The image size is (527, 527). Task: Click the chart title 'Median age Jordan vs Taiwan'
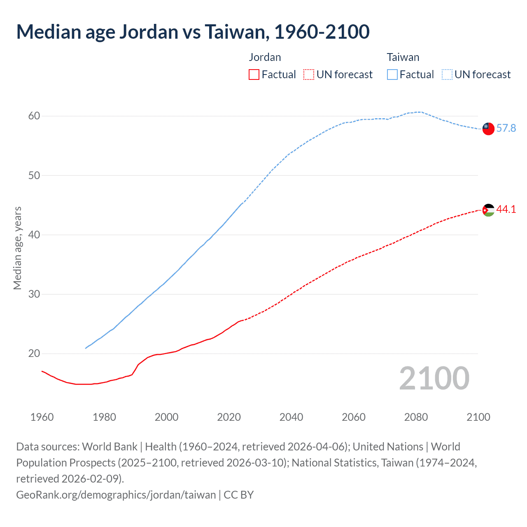pos(193,32)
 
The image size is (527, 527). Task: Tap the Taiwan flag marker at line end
pos(488,128)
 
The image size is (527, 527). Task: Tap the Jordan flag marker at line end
pos(488,210)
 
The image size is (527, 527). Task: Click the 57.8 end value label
pos(506,128)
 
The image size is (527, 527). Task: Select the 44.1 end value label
pos(506,210)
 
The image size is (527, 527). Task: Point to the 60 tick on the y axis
pos(34,116)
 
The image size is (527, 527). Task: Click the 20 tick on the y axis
pos(34,354)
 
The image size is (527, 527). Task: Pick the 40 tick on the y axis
pos(34,235)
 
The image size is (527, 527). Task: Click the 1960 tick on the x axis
pos(42,417)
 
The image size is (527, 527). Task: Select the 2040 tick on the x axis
pos(291,417)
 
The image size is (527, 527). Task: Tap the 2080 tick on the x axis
pos(416,417)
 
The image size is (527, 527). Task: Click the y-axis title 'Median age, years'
pos(18,248)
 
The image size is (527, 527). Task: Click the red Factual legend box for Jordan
pos(254,75)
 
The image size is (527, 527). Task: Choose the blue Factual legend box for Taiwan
pos(392,75)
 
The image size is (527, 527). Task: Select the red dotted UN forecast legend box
pos(309,75)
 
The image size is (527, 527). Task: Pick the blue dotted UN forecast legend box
pos(447,75)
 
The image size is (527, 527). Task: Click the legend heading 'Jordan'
pos(265,57)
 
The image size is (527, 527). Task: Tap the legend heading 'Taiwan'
pos(403,57)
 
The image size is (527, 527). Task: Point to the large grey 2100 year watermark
pos(434,378)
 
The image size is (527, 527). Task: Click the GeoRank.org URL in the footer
pos(116,495)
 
